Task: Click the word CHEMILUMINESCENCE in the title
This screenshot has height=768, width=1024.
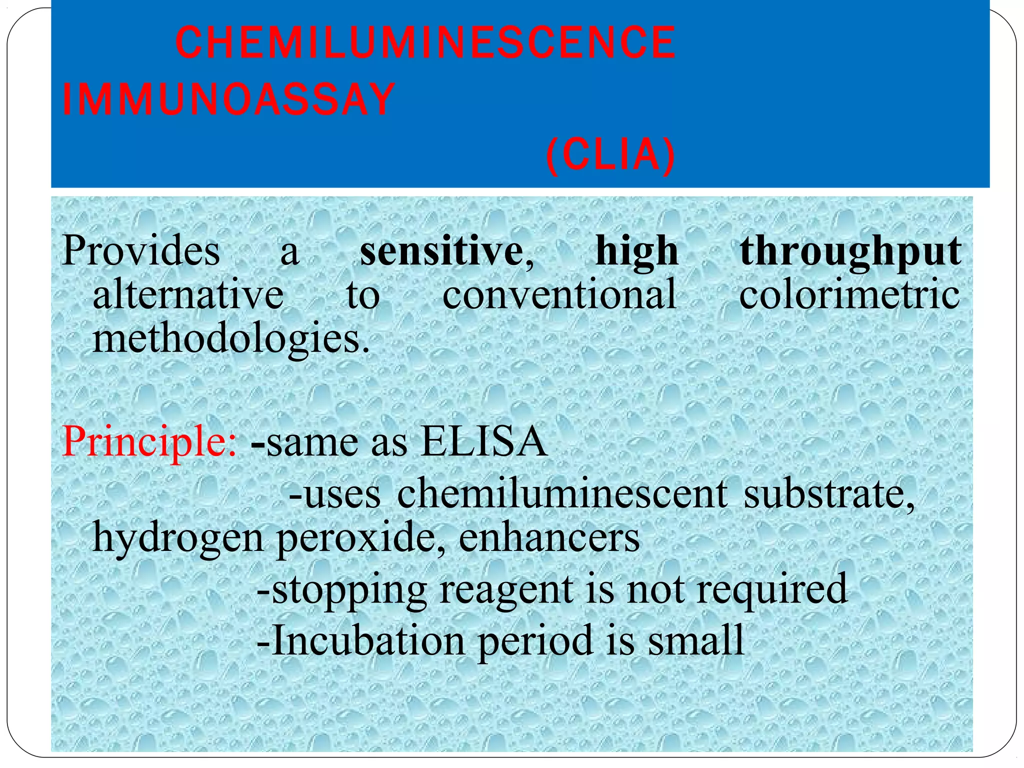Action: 425,43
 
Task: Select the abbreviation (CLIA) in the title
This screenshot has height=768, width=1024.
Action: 610,155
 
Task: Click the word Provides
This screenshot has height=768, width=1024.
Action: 141,251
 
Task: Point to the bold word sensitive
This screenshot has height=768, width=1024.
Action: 441,251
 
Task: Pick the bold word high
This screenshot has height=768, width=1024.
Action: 637,251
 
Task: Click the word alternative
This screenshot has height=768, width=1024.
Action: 188,294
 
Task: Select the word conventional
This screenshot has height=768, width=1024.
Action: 559,294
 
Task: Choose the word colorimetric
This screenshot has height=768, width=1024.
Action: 849,294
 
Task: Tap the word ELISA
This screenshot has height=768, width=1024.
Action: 483,442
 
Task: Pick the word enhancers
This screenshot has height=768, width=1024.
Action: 549,537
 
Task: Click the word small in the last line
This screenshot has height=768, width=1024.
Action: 696,640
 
